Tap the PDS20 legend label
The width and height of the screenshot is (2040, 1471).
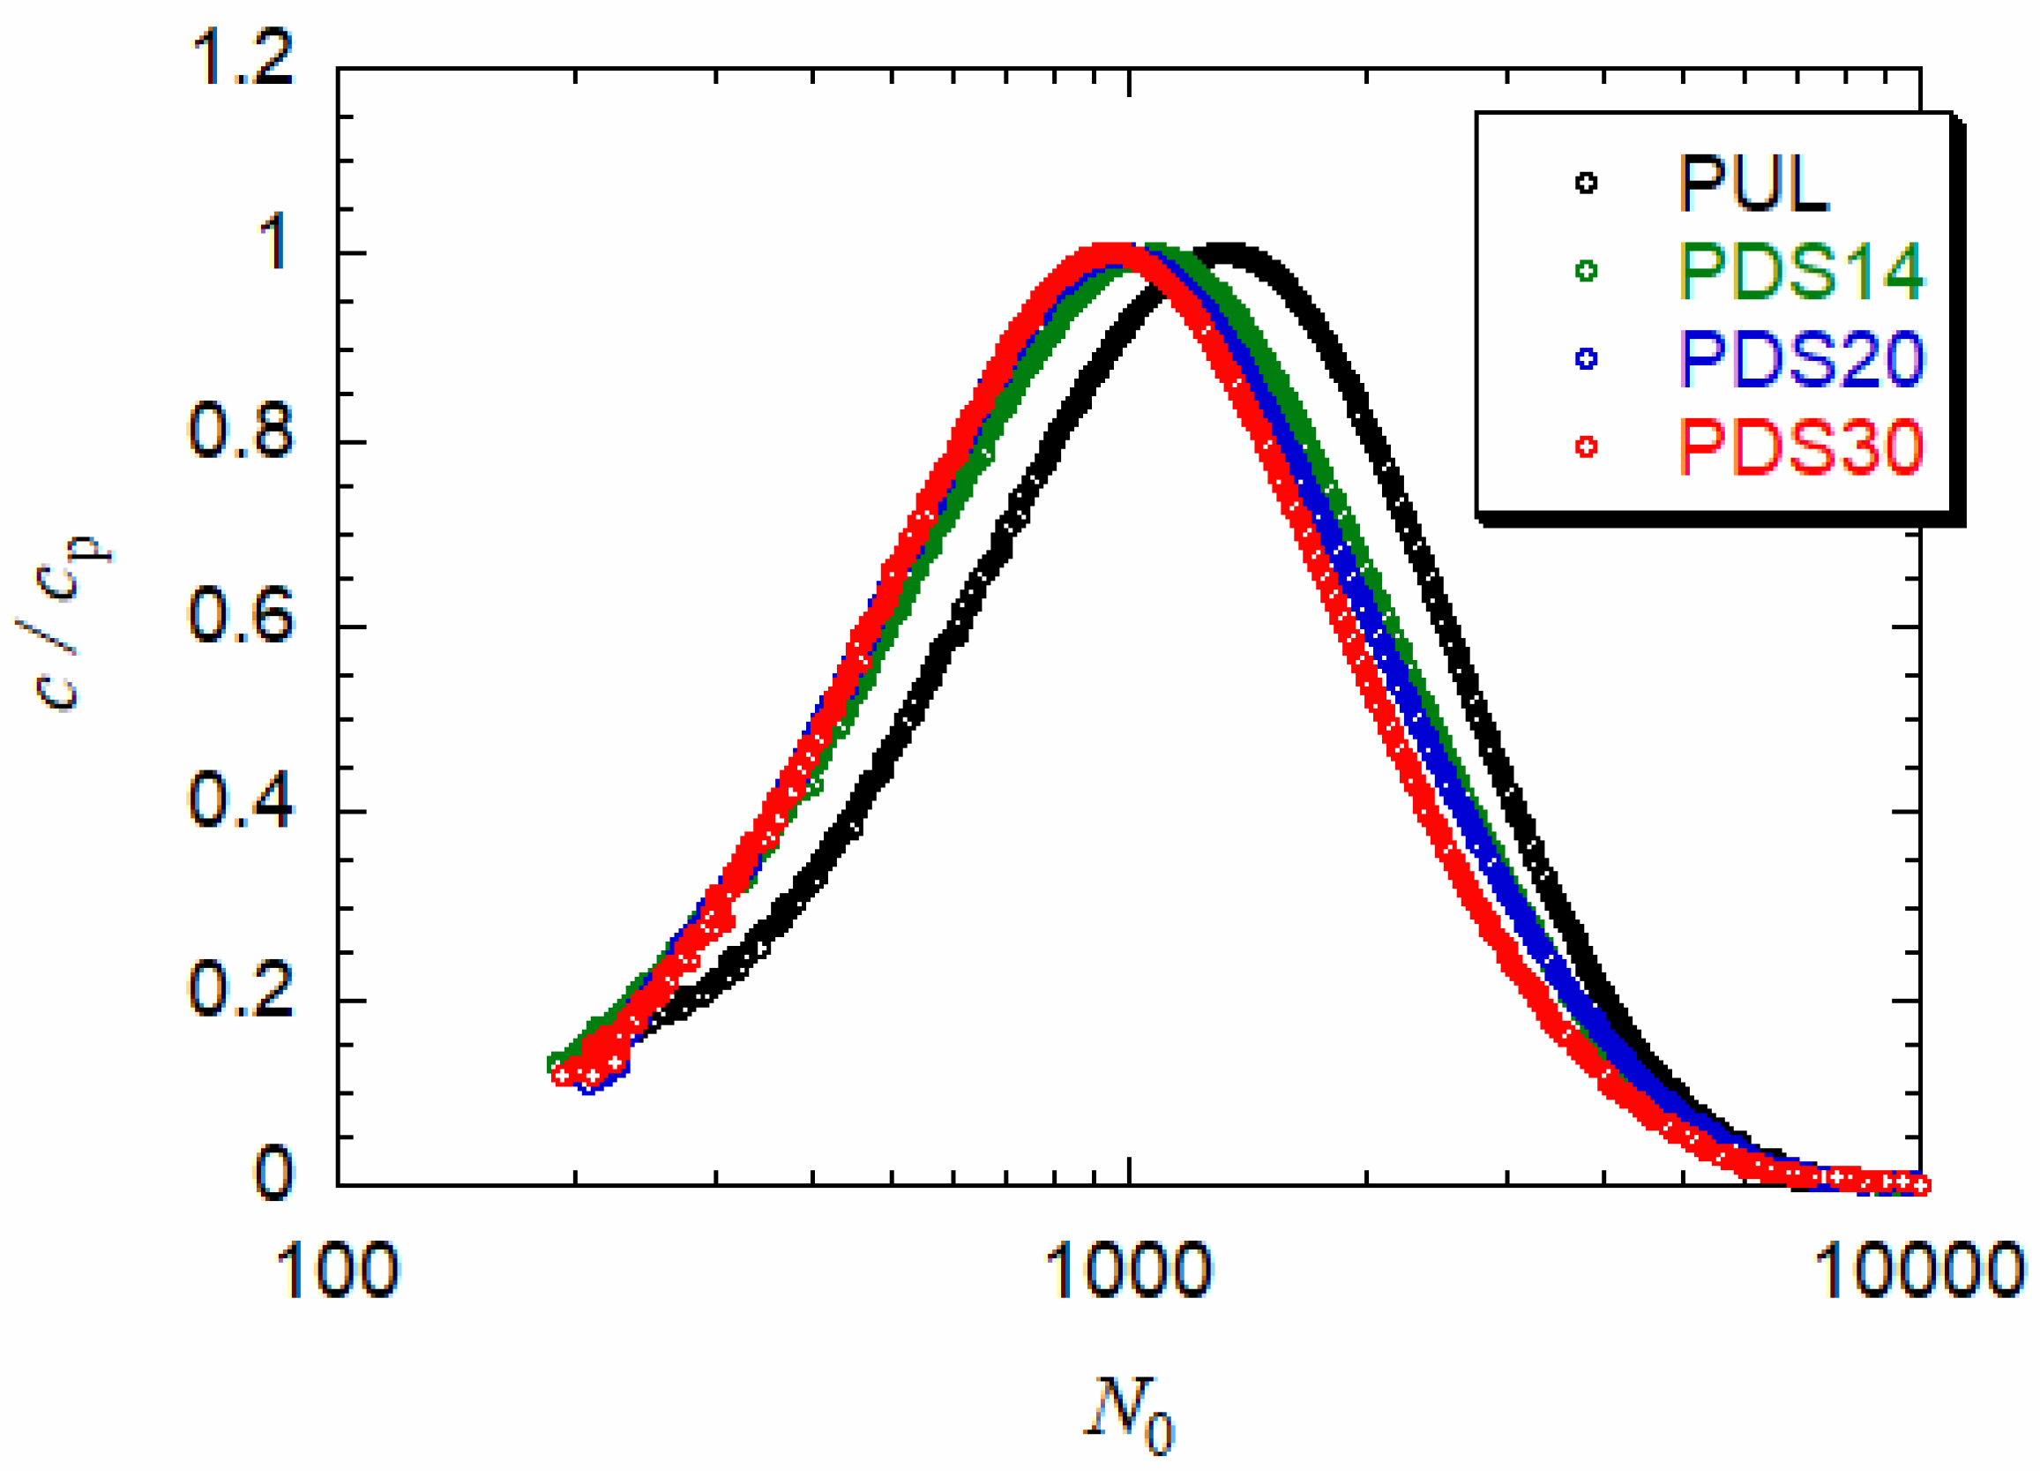1800,358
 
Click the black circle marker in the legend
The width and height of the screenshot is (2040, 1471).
1586,183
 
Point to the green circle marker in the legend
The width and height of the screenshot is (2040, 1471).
1586,270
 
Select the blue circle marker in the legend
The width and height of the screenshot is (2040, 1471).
1586,358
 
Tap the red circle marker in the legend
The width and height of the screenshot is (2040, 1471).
1586,446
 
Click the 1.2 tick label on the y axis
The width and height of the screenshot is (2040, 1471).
241,59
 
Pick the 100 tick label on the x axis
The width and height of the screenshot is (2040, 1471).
336,1271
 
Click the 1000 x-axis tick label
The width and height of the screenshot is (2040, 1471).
1129,1271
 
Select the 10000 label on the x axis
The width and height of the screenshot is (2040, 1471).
1918,1271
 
